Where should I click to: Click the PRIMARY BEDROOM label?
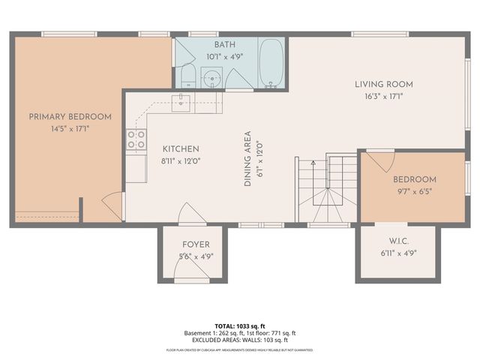pyautogui.click(x=70, y=116)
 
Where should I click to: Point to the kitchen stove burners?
pyautogui.click(x=136, y=139)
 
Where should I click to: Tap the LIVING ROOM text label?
pyautogui.click(x=384, y=84)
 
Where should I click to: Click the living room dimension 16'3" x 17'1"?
pyautogui.click(x=384, y=96)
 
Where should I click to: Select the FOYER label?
pyautogui.click(x=196, y=244)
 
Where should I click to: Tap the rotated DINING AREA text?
pyautogui.click(x=247, y=159)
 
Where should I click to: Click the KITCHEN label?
pyautogui.click(x=181, y=148)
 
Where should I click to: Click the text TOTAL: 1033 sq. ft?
pyautogui.click(x=240, y=326)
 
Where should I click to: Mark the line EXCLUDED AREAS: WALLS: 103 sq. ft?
pyautogui.click(x=240, y=340)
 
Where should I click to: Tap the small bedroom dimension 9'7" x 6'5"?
pyautogui.click(x=415, y=190)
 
